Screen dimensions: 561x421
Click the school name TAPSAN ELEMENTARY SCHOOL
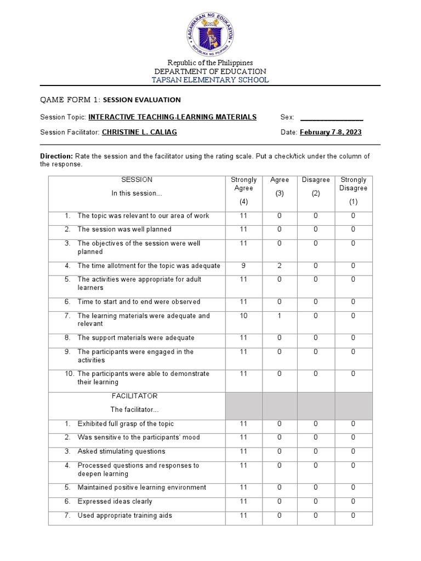210,80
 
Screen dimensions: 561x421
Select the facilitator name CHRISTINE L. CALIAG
139,133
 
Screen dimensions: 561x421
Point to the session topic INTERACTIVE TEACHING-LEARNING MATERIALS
172,117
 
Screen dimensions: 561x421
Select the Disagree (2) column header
316,187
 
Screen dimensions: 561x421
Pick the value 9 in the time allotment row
243,266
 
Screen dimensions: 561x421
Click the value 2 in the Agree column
280,266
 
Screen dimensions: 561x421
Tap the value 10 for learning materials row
243,316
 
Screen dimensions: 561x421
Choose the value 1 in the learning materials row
280,316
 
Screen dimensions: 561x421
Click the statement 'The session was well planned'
124,230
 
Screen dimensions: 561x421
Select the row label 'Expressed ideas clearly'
115,501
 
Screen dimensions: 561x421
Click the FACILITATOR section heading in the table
134,396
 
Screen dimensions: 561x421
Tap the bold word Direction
56,156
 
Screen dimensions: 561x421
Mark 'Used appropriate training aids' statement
125,516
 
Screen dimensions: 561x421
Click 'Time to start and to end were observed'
139,302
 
